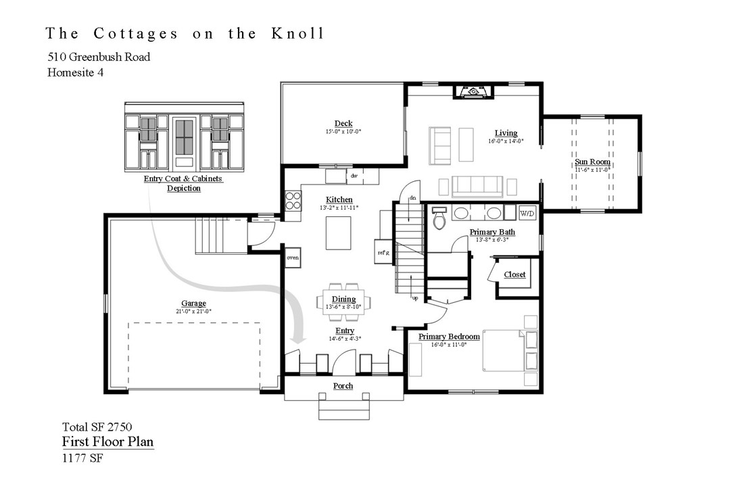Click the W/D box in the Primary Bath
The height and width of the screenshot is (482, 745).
click(527, 214)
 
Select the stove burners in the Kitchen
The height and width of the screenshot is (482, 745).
click(293, 201)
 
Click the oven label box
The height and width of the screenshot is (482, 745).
click(293, 258)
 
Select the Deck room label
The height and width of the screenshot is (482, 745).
click(343, 123)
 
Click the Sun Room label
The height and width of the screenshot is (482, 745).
click(592, 162)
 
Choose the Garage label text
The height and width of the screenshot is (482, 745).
click(193, 304)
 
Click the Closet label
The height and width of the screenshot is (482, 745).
click(514, 274)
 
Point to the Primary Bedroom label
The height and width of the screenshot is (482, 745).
click(449, 337)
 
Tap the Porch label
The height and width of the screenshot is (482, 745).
click(343, 385)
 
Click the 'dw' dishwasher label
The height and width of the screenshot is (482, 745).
click(354, 176)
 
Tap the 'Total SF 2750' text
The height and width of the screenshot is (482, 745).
click(97, 427)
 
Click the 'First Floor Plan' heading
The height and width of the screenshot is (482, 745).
click(107, 442)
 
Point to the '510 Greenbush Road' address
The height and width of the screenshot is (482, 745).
click(99, 57)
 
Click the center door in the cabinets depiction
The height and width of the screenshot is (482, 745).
click(184, 143)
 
